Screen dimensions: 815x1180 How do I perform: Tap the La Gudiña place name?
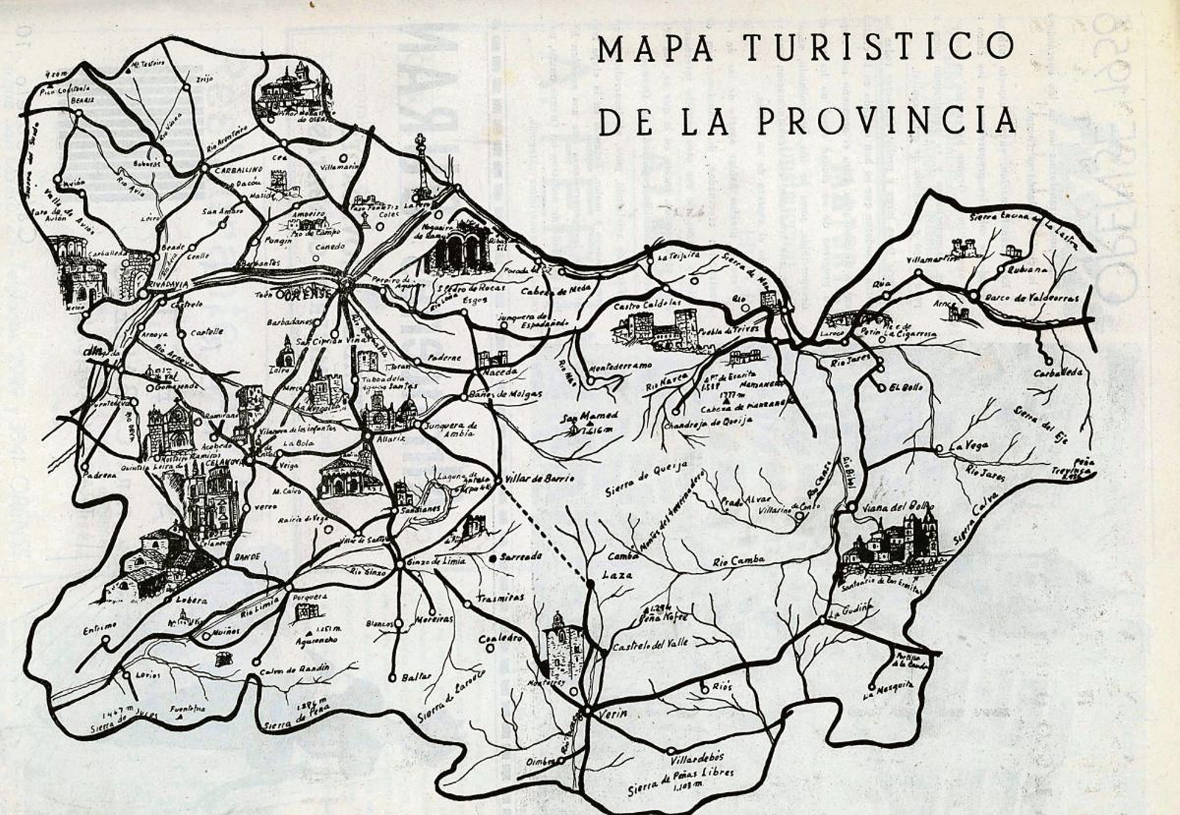pyautogui.click(x=850, y=611)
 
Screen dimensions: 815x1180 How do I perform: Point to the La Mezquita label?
pyautogui.click(x=889, y=690)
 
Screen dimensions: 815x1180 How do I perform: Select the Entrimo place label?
pyautogui.click(x=100, y=628)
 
